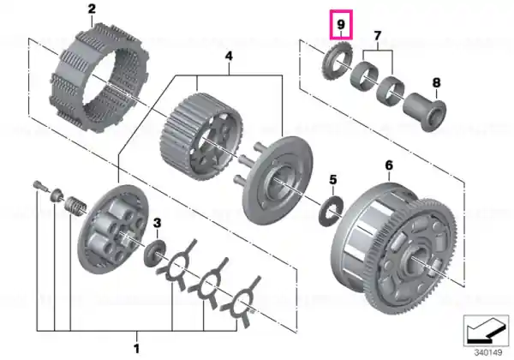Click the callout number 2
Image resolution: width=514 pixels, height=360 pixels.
92,9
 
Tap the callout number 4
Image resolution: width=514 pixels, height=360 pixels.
229,56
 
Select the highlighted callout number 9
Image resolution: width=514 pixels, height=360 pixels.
341,24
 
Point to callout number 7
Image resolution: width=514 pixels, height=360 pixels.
377,35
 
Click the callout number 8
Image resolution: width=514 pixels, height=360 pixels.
436,82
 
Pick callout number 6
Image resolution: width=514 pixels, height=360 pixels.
389,165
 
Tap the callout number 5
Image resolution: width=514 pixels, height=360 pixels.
332,180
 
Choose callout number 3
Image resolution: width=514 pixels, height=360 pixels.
158,223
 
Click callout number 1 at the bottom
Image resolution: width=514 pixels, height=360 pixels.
137,348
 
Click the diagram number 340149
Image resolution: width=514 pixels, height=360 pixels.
488,352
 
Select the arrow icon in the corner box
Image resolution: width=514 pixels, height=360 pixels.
487,331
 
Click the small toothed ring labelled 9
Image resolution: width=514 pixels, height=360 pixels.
337,62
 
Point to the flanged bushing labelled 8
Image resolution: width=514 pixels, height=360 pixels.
425,111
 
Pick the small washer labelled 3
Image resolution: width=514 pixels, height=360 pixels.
155,253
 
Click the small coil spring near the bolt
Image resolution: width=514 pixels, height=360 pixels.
75,207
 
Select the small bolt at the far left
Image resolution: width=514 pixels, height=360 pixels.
40,186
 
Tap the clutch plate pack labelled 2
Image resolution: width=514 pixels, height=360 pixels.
99,80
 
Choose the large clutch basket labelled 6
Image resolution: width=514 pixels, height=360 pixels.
394,249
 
